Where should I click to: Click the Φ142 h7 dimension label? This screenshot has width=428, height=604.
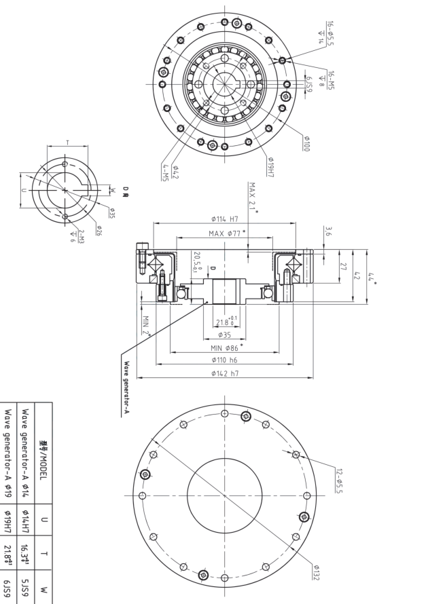click(x=224, y=373)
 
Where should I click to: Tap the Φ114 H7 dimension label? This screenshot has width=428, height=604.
click(x=224, y=219)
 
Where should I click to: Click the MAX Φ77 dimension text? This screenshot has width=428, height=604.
click(x=224, y=233)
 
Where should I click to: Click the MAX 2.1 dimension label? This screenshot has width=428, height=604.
click(x=253, y=196)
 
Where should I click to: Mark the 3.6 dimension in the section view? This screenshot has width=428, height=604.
click(x=329, y=231)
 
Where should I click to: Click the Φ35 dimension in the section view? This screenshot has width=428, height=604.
click(x=224, y=335)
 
